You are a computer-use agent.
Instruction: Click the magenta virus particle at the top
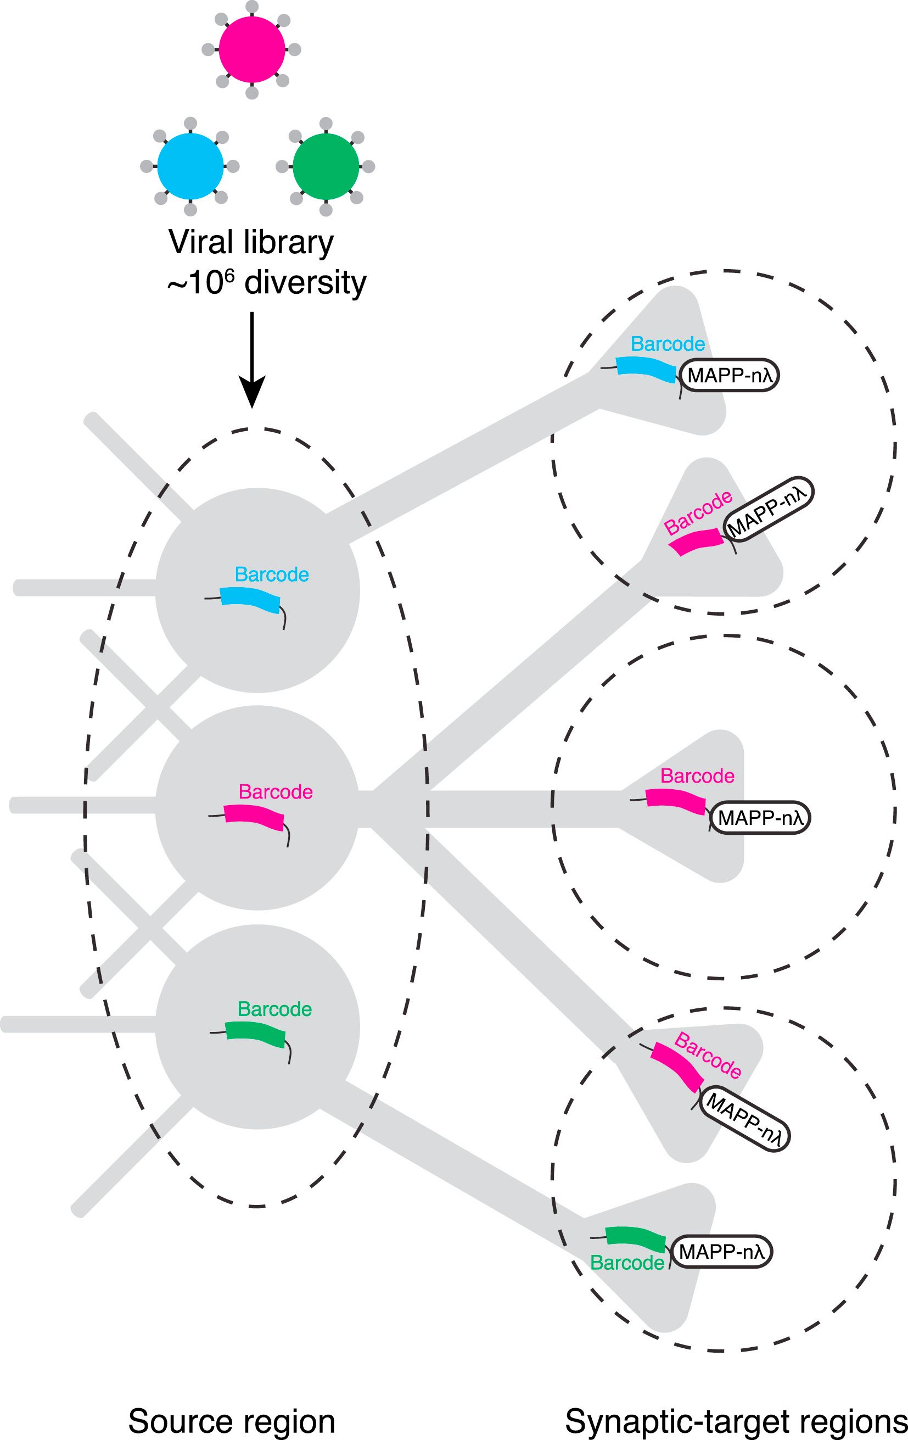(x=251, y=49)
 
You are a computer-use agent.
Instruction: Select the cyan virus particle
(x=190, y=166)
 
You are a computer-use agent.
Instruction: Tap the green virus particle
(x=326, y=166)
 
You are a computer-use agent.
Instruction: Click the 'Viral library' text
(x=251, y=242)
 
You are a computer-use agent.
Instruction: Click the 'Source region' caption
(x=231, y=1421)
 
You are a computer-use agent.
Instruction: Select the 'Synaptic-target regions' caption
(x=736, y=1421)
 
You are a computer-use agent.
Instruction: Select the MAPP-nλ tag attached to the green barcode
(x=721, y=1252)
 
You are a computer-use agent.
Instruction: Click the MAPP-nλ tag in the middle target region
(x=760, y=817)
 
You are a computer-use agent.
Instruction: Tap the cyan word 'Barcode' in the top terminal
(x=668, y=344)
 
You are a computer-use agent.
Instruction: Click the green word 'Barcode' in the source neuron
(x=274, y=1009)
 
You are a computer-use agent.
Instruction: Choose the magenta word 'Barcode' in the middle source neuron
(x=276, y=792)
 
